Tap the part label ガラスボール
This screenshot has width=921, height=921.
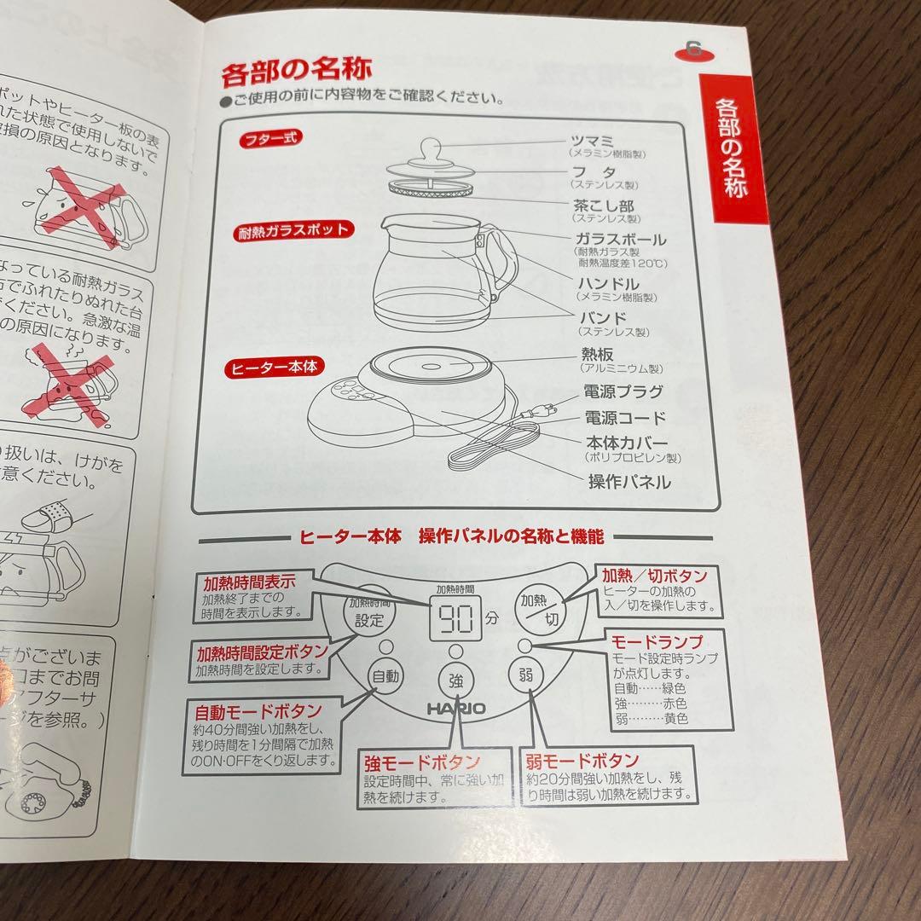point(620,240)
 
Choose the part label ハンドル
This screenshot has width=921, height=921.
point(608,283)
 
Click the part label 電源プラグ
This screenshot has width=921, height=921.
point(624,392)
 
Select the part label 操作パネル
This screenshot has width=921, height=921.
point(628,482)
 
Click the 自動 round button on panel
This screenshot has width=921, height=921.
point(385,676)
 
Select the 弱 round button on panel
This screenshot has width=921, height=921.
point(524,676)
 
